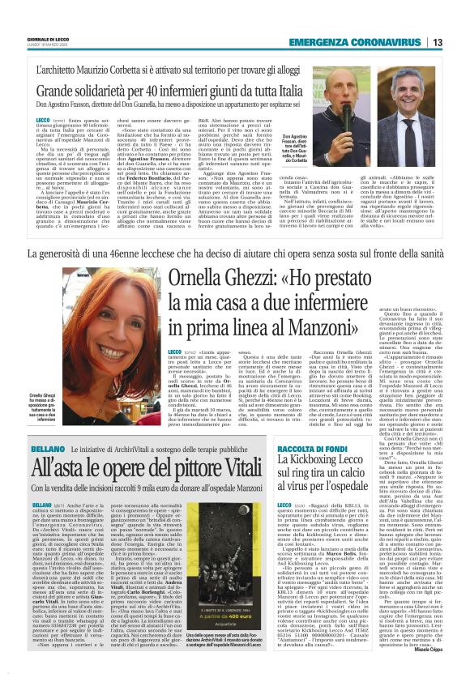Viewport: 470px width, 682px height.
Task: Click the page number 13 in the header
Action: (x=438, y=42)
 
